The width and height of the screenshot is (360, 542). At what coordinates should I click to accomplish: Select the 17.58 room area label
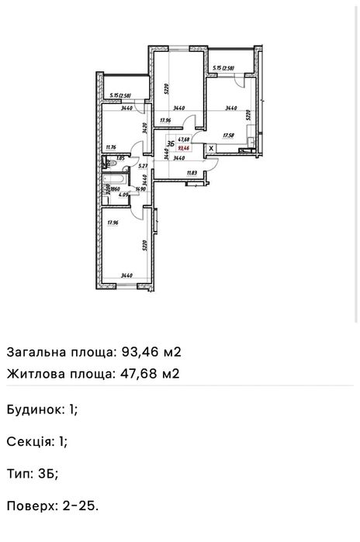click(x=228, y=134)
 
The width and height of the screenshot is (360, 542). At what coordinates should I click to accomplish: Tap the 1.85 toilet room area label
click(x=120, y=157)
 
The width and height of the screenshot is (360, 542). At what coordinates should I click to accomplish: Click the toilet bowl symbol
click(x=107, y=164)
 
